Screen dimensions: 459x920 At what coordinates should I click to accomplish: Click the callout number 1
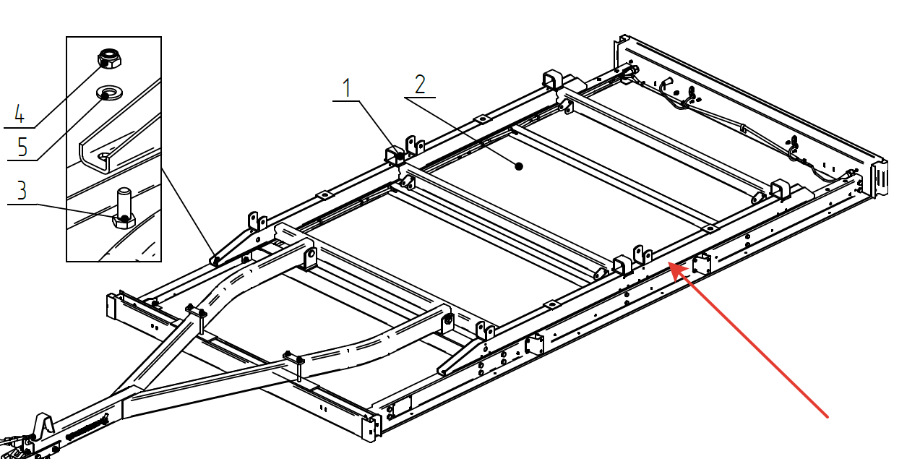tap(347, 88)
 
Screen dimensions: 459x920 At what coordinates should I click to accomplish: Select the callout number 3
tap(22, 191)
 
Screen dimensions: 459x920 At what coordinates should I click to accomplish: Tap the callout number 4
tap(19, 113)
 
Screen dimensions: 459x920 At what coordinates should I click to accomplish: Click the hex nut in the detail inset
tap(109, 57)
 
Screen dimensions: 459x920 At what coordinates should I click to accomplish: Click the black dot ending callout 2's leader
tap(519, 166)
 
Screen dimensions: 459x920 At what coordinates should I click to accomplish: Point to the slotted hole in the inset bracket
tap(106, 155)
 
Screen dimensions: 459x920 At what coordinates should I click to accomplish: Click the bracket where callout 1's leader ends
tap(395, 155)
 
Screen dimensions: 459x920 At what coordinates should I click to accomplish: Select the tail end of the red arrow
tap(827, 416)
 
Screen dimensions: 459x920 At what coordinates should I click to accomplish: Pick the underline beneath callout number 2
tap(420, 97)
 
